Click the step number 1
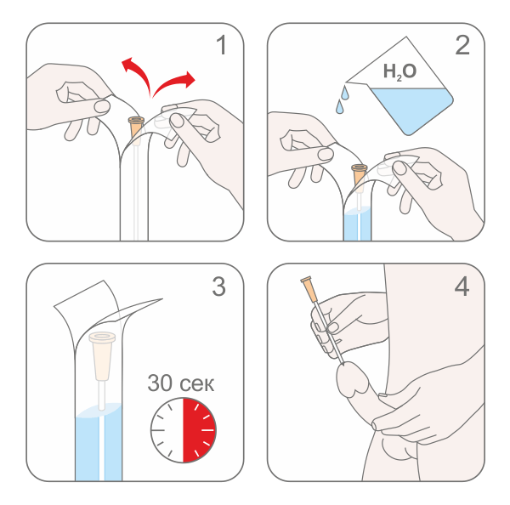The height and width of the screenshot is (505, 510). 222,45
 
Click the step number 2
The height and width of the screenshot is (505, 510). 462,45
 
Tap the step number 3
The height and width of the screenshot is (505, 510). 218,287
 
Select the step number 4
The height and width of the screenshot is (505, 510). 462,287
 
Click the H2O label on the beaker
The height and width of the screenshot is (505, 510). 399,71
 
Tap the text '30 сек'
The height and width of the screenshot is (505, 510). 181,383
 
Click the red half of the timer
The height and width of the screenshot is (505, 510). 199,430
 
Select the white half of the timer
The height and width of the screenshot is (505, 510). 167,430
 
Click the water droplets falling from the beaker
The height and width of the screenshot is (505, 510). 343,99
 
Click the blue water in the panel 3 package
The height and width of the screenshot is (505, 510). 99,442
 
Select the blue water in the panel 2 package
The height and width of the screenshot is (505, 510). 357,224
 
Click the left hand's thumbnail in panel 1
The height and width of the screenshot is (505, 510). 102,106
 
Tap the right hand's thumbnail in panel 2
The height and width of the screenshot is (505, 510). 399,168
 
